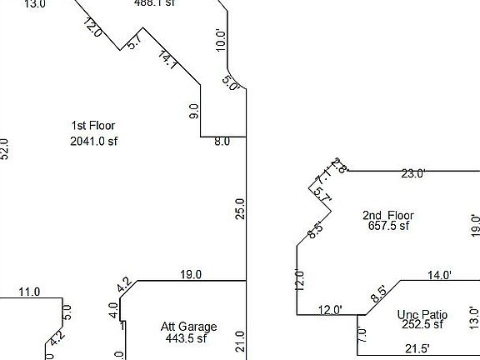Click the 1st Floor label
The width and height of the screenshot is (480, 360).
[93, 126]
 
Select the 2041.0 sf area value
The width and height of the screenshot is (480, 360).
[94, 142]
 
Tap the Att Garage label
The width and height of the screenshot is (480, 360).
[188, 327]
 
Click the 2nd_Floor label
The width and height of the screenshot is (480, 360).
[387, 215]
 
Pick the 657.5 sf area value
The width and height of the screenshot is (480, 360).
[389, 226]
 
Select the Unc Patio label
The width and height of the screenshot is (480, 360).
[422, 315]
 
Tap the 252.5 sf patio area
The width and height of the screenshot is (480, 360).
[421, 326]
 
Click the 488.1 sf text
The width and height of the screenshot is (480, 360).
[155, 3]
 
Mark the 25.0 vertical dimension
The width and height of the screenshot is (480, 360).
[240, 208]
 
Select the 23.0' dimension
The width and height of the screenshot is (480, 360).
[413, 174]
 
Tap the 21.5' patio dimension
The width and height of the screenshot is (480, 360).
[416, 347]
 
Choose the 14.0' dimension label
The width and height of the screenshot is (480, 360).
[439, 275]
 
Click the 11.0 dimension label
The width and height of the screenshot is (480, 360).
[29, 292]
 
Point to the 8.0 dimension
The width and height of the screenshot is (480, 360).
[222, 142]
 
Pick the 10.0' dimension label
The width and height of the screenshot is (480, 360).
[221, 40]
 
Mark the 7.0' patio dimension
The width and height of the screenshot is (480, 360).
[362, 335]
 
